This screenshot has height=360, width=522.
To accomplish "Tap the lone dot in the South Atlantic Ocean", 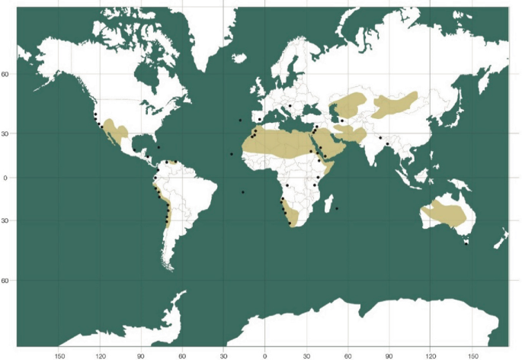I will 243,192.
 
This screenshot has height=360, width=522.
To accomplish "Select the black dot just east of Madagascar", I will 337,208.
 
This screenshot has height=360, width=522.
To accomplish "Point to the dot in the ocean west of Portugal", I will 240,120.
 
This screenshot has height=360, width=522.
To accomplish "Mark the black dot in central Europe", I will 290,106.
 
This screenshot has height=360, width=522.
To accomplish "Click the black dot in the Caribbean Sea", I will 159,147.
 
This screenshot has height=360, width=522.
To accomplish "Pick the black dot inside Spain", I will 260,119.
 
